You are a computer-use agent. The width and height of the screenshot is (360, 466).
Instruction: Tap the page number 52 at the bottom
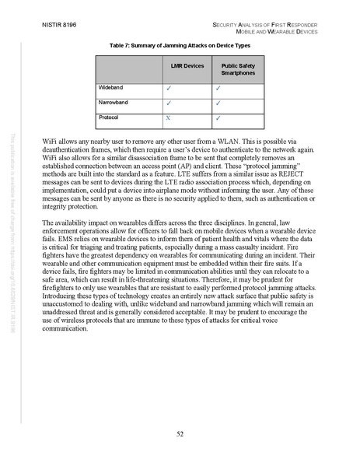180,432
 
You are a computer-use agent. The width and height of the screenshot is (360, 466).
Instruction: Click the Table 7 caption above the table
180,47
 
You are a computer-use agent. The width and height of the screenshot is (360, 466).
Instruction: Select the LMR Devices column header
187,67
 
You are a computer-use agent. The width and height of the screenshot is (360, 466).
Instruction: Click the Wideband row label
111,88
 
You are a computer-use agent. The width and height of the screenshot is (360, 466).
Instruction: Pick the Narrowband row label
114,103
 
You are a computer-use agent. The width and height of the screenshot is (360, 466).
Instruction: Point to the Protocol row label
109,117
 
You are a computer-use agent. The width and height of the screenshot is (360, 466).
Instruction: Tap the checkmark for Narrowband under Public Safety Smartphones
218,103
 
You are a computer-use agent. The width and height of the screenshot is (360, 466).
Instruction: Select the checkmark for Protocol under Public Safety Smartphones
218,118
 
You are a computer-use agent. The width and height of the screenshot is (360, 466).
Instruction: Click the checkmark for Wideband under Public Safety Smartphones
218,89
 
